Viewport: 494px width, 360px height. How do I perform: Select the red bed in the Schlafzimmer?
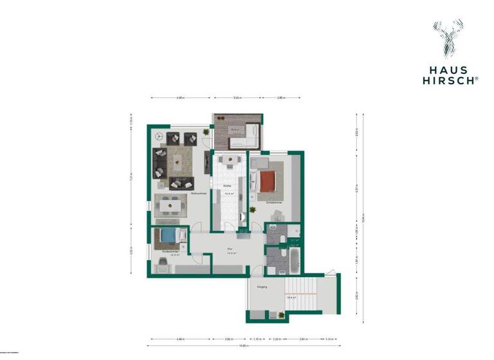268,182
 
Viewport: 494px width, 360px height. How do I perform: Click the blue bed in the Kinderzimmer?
169,236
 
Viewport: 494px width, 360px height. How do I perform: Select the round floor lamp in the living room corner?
158,136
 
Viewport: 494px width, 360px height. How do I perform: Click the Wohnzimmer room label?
198,192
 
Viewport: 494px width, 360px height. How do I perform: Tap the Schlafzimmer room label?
273,202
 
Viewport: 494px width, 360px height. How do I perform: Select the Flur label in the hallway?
228,248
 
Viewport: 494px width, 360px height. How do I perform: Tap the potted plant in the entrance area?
280,314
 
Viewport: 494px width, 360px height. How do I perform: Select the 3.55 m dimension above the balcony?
237,98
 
